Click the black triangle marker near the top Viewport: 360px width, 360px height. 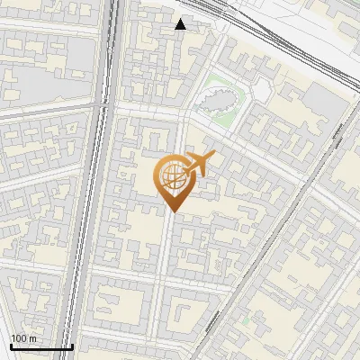pos(181,24)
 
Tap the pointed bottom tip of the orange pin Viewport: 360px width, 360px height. pos(173,211)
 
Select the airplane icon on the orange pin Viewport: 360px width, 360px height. pos(199,166)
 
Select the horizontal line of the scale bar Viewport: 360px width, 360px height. pos(40,346)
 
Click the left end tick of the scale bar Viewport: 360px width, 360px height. pos(11,346)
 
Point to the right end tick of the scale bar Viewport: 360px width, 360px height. pos(72,346)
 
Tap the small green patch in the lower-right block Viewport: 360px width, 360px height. pos(244,319)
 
